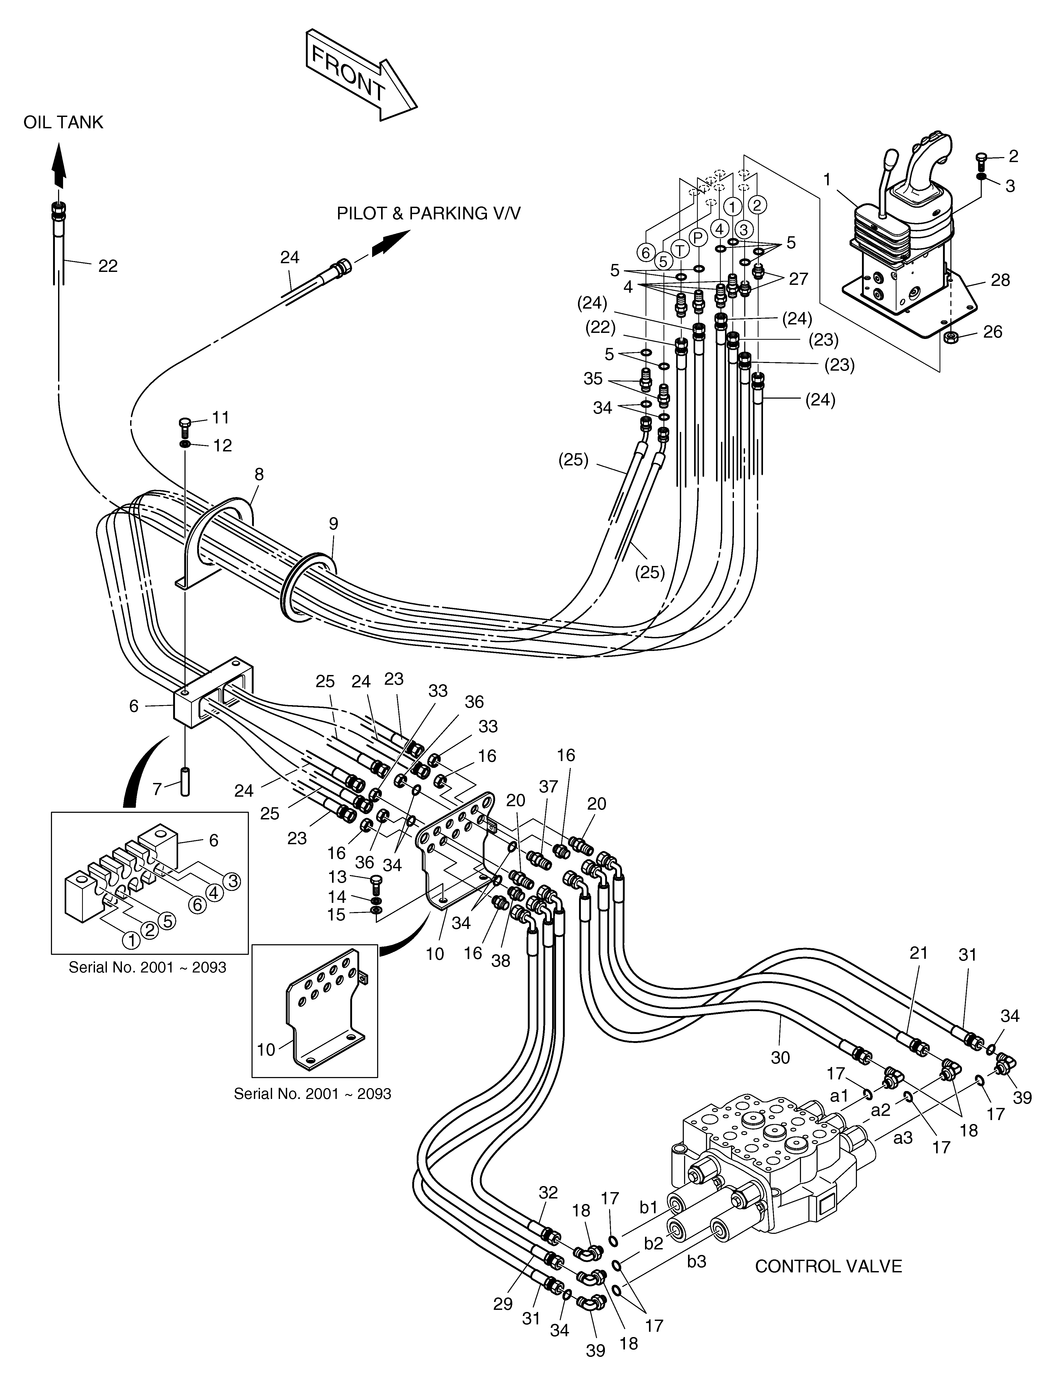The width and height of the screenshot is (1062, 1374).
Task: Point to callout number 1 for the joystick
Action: click(827, 180)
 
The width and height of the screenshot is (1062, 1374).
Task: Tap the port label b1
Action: click(649, 1207)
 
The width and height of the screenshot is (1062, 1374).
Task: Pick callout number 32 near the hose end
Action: click(548, 1192)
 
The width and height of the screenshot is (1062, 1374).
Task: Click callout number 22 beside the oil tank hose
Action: click(108, 266)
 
